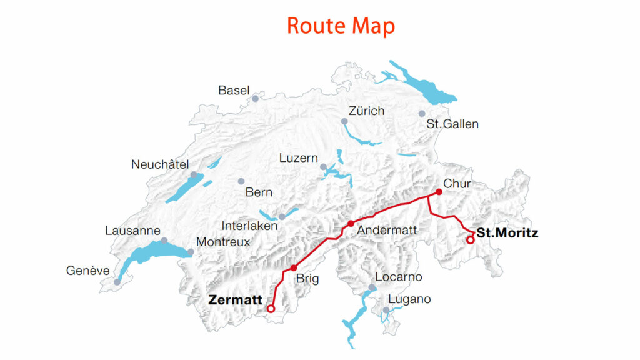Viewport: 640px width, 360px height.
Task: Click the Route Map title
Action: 341,26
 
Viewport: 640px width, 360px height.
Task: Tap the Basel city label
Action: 234,91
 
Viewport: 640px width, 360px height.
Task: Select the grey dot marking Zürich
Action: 344,121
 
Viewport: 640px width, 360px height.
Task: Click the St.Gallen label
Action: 452,124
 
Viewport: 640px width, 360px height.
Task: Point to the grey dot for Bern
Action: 241,181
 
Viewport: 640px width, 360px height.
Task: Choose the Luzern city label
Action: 299,159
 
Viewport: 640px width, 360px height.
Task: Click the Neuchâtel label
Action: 160,165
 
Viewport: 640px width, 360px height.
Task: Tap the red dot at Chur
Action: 439,192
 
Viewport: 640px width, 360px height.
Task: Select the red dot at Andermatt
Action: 351,224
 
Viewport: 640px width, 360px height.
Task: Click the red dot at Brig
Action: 294,267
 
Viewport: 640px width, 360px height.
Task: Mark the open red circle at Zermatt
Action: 271,309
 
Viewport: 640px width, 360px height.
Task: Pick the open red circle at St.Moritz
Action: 471,240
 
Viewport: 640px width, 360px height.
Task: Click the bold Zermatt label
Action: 235,300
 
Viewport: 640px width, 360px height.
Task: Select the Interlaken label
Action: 249,226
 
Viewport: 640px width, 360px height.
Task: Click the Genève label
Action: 87,271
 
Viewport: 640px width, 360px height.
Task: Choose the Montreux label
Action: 223,242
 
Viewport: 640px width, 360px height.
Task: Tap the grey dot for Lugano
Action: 386,310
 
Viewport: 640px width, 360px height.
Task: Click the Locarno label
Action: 399,277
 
